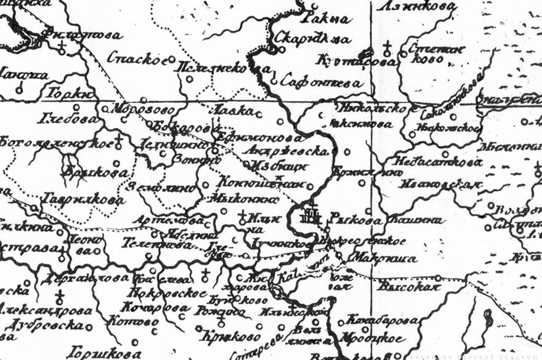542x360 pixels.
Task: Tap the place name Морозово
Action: pos(135,109)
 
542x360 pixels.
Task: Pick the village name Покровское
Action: pos(166,293)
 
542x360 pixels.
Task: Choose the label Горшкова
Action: pos(104,353)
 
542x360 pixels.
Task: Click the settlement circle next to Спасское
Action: pos(172,59)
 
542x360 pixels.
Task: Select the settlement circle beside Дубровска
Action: pos(89,326)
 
